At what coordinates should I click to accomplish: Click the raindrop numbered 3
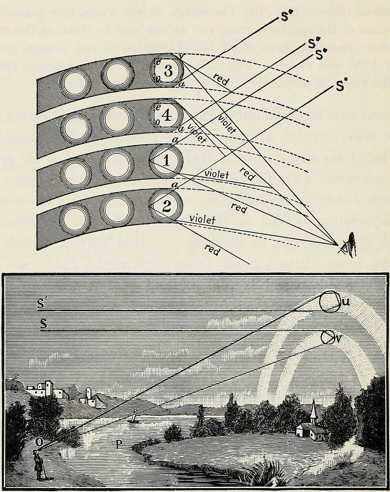tap(168, 71)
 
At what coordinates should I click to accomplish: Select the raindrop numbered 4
tap(166, 116)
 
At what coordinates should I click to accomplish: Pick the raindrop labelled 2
tap(166, 206)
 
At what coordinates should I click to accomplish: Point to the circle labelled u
tap(330, 302)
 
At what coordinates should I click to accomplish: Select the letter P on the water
tap(117, 444)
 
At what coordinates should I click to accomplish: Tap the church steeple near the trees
tap(313, 412)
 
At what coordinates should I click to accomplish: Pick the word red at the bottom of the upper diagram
tap(212, 250)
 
